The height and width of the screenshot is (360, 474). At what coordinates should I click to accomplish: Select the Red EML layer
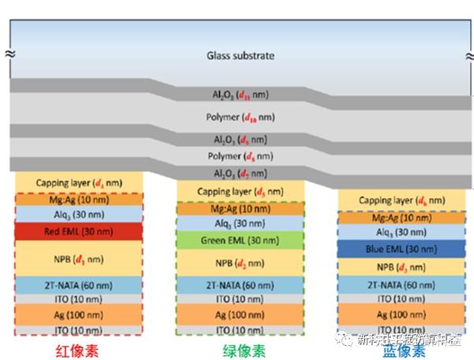click(80, 231)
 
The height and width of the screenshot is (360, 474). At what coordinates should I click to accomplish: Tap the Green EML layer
click(240, 239)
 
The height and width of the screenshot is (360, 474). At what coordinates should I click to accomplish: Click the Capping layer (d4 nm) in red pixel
click(80, 183)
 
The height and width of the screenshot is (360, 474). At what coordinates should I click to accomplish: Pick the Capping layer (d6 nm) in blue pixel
click(398, 201)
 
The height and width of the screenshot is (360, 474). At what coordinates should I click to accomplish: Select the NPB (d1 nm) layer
click(80, 257)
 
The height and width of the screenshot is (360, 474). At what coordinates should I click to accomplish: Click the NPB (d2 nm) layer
click(240, 262)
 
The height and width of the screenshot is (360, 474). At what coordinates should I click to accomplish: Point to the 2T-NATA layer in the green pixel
click(240, 285)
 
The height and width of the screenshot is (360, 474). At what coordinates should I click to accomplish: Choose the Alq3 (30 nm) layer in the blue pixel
click(398, 232)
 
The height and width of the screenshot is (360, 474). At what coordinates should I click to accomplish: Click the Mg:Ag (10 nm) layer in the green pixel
click(240, 208)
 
